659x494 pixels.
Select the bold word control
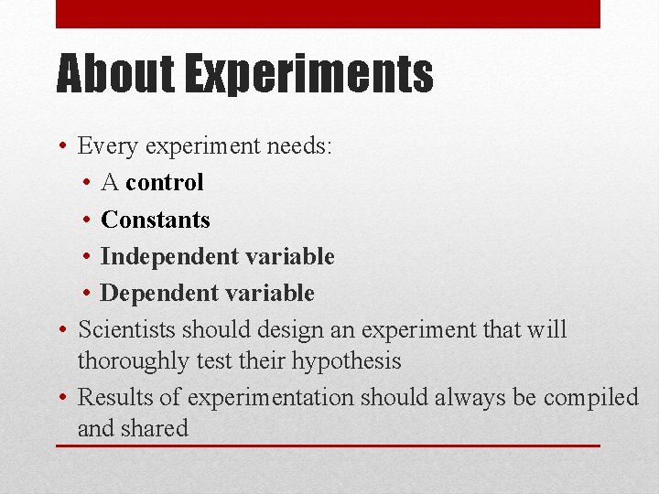[165, 182]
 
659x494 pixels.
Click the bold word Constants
[156, 220]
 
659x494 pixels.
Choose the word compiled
[590, 398]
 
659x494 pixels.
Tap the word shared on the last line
[160, 428]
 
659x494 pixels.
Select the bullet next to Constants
[84, 220]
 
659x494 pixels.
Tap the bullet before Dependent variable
[84, 293]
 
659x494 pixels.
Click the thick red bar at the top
[328, 14]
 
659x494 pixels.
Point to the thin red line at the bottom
[328, 446]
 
